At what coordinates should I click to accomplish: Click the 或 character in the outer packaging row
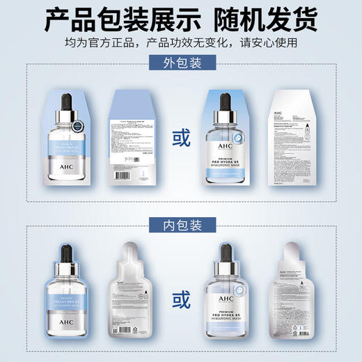pyautogui.click(x=181, y=139)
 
